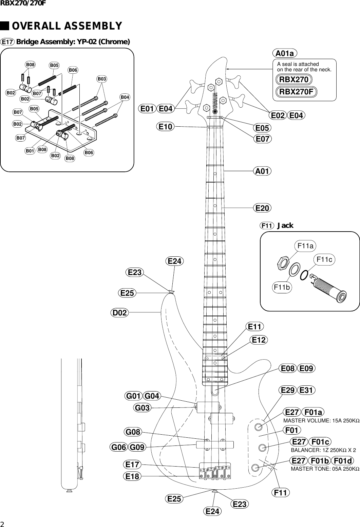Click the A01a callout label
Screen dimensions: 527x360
coord(285,53)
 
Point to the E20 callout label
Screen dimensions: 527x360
coord(263,208)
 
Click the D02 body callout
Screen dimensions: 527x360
coord(120,312)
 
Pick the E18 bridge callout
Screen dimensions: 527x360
coord(132,476)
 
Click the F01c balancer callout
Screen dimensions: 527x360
coord(320,442)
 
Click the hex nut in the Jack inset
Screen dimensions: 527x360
coord(283,263)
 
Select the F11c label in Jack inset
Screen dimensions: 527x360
coord(324,260)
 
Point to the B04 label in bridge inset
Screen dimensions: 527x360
coord(125,97)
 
